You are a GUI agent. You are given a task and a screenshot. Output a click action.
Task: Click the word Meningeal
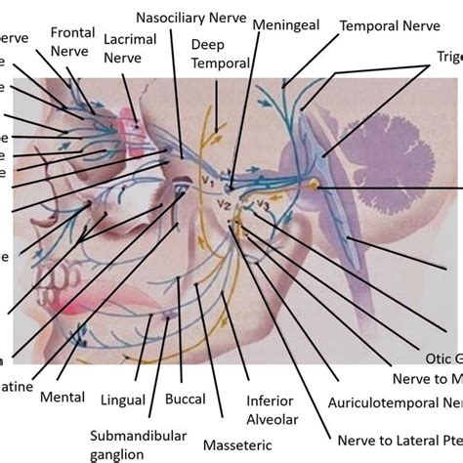click(284, 22)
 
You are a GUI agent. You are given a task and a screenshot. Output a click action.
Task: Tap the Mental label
click(61, 398)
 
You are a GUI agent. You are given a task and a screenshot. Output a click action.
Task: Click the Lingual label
click(123, 400)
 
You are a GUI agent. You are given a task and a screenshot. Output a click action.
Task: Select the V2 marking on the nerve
click(225, 204)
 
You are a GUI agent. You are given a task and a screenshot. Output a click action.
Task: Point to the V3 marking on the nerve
click(261, 204)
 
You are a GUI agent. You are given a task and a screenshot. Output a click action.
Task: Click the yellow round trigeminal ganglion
click(315, 185)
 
